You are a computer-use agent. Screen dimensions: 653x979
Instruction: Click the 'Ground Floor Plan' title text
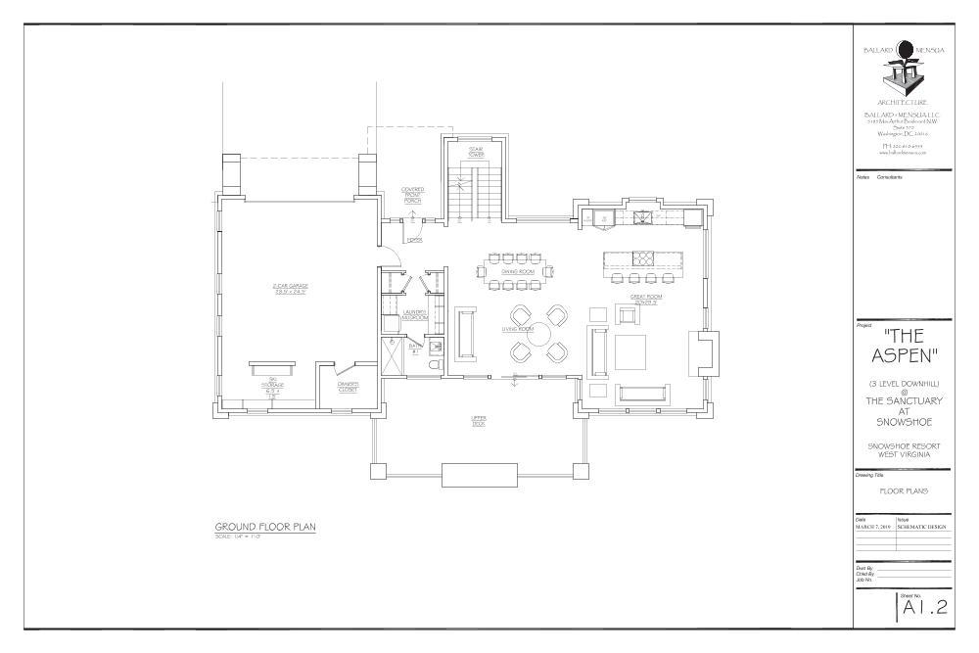coord(265,528)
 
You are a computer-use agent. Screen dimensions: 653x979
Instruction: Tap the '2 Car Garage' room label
coord(291,289)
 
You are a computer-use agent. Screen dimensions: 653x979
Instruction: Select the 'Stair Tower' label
coord(476,151)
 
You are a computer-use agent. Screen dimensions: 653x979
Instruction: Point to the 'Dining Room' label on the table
coord(519,271)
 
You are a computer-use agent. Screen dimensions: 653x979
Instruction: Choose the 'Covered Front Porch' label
coord(412,194)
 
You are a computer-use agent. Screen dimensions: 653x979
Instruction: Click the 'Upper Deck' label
coord(479,420)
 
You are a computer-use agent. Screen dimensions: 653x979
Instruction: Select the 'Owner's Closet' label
coord(348,387)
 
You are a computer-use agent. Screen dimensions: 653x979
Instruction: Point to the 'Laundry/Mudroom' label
coord(415,315)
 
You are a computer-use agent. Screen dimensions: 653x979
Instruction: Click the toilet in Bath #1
coord(435,365)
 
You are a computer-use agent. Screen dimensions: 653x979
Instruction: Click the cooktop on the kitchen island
coord(645,259)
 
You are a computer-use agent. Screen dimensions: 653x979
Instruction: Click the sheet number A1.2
coord(924,607)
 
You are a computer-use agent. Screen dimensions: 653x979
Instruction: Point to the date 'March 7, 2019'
coord(874,526)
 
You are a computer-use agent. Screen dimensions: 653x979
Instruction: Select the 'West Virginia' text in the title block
coord(904,453)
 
